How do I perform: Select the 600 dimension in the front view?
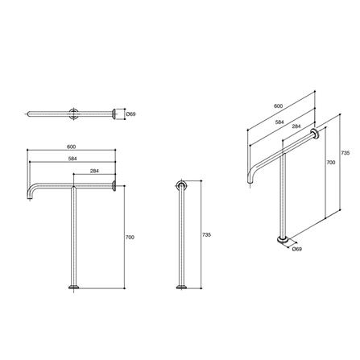coord(72,146)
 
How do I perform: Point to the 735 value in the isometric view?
coord(344,152)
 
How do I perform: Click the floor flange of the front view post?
coord(73,287)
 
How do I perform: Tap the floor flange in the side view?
coord(181,287)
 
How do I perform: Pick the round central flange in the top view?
coord(73,114)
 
